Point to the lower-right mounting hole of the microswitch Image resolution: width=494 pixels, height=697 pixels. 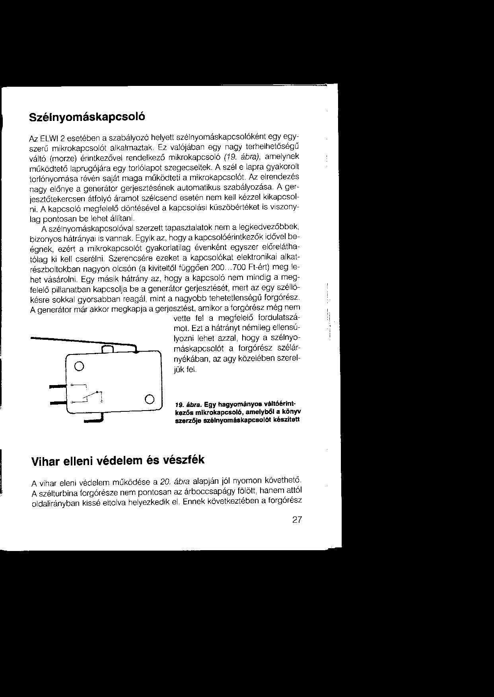149,399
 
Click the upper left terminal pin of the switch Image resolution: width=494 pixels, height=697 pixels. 56,386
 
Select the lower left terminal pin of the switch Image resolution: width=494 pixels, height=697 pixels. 56,403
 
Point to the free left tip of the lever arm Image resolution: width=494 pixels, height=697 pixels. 33,338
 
